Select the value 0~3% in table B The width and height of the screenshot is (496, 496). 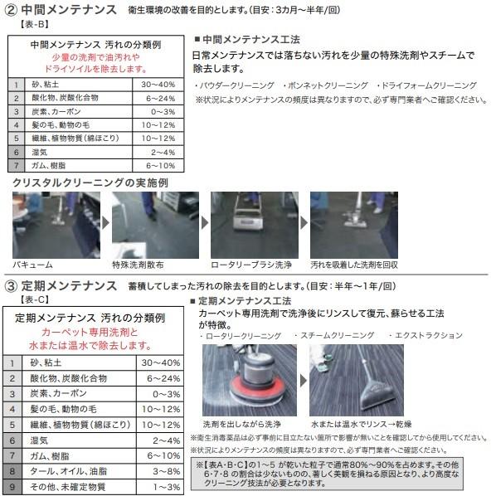tap(158, 110)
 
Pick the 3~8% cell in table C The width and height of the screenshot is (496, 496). tap(158, 470)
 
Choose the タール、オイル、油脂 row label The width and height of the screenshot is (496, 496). tap(68, 470)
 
